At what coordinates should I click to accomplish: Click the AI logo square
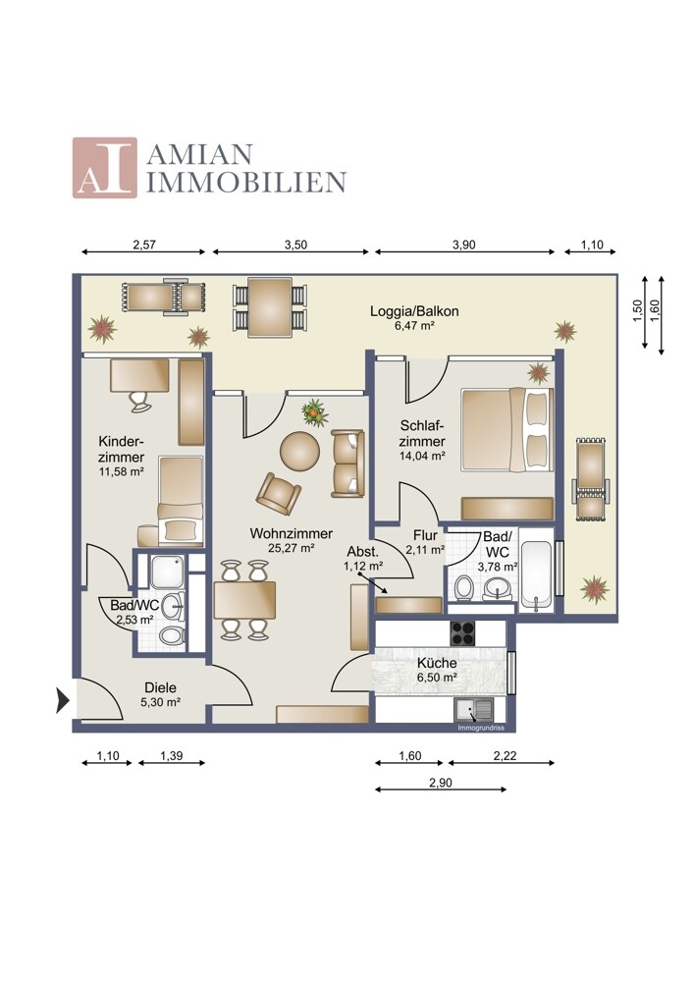tap(104, 168)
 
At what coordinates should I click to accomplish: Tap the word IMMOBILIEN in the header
tap(245, 182)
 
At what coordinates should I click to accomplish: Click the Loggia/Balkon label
tap(414, 312)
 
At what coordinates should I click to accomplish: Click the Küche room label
tap(437, 663)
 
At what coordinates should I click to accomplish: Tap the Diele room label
tap(160, 687)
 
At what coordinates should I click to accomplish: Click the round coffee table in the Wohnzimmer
tap(300, 452)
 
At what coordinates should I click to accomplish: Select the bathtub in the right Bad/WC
tap(537, 573)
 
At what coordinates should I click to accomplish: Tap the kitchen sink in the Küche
tap(477, 710)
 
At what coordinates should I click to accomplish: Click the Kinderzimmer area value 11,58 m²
tap(121, 472)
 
